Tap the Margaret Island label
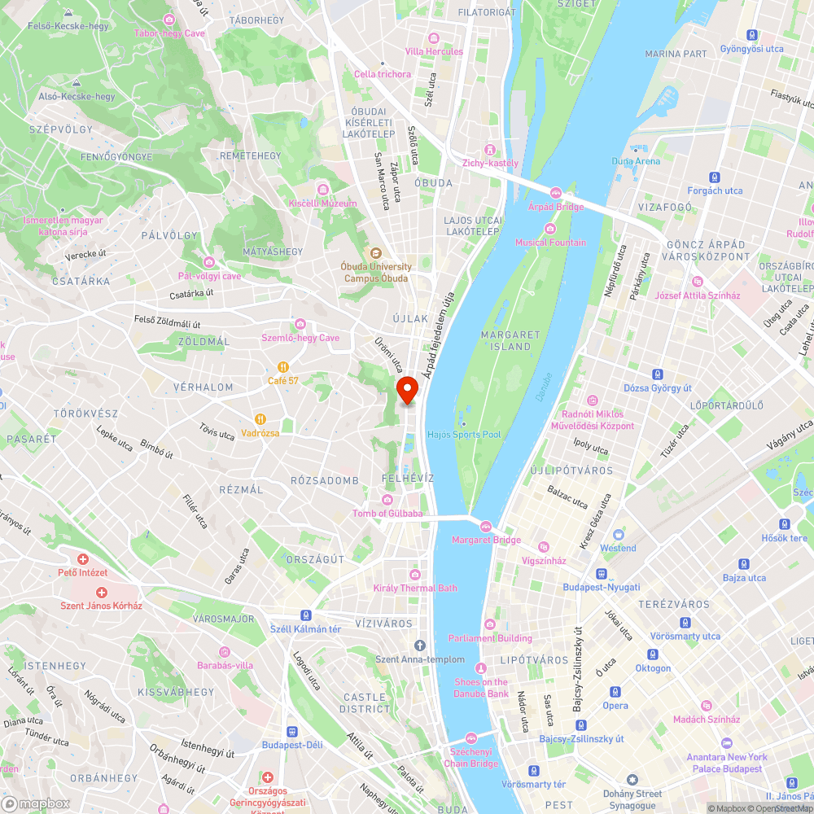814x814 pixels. pos(510,340)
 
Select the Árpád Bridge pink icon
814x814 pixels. pos(556,193)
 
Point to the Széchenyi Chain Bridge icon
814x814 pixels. pos(471,750)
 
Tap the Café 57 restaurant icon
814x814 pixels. pos(283,366)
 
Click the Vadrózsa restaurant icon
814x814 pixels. pos(260,419)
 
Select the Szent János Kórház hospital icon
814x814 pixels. pos(102,593)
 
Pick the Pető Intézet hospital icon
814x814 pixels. pos(83,559)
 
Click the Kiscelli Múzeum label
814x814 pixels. pos(322,203)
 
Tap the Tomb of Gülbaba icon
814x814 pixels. pos(387,500)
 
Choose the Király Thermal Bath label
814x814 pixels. pos(415,588)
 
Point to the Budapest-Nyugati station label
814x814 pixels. pos(602,587)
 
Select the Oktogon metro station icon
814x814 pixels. pos(652,654)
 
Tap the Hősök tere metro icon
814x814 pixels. pos(785,523)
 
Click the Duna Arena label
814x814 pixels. pos(636,161)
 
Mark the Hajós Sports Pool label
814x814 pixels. pos(464,435)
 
